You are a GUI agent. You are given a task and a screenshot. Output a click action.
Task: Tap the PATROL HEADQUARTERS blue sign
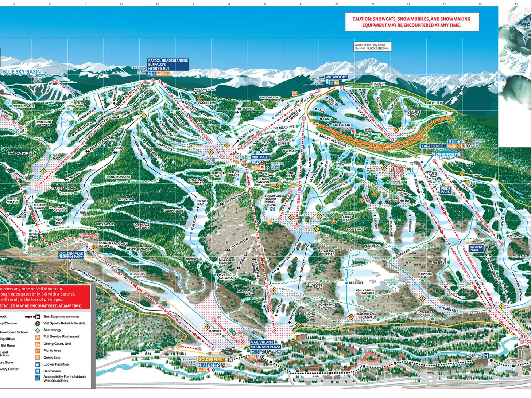tap(168, 65)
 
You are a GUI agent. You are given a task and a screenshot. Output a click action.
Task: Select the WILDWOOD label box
tap(336, 77)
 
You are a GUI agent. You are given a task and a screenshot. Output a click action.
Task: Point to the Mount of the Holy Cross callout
tap(372, 47)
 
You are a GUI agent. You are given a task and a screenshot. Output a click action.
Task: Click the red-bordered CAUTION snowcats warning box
tap(411, 22)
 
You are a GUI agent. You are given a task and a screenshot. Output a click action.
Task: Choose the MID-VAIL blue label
tap(260, 157)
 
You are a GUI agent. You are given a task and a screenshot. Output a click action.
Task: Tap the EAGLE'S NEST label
tap(433, 146)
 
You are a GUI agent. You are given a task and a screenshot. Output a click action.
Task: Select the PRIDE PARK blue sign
tap(446, 190)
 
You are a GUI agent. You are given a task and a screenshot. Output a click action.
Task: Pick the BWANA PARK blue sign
tap(476, 249)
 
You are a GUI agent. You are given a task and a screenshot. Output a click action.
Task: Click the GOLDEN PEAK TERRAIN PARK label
tap(71, 255)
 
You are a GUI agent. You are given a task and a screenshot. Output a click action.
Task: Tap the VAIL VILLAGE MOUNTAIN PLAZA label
tap(265, 345)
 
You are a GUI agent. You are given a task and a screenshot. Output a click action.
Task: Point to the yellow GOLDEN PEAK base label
tap(211, 360)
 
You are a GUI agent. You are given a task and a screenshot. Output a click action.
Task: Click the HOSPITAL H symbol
tap(486, 355)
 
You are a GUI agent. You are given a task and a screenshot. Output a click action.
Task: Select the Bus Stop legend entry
tap(55, 317)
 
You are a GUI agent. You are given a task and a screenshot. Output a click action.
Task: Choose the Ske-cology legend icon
tap(38, 330)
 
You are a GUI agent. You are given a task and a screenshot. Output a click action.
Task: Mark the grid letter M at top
tap(337, 4)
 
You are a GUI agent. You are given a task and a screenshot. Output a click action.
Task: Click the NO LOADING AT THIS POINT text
tap(89, 235)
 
